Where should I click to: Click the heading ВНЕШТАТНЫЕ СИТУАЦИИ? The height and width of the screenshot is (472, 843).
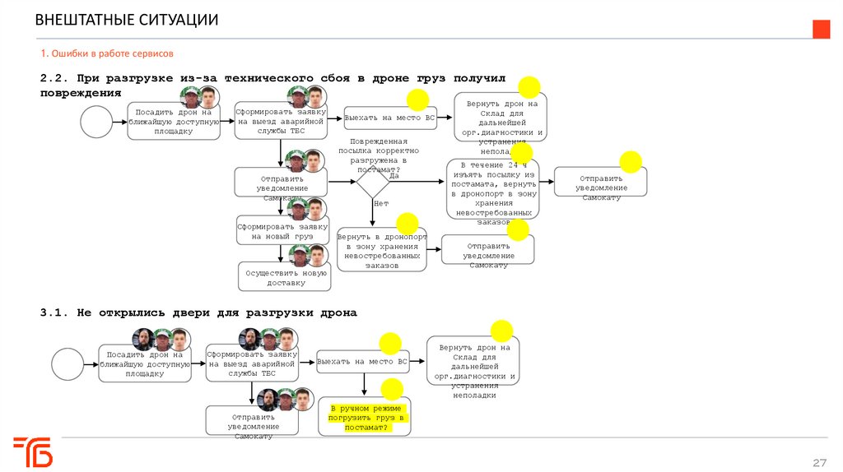(x=127, y=20)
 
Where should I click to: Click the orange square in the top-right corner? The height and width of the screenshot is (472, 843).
(x=821, y=29)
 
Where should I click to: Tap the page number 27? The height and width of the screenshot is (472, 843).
(x=819, y=460)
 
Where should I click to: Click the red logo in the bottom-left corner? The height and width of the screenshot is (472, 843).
(x=33, y=451)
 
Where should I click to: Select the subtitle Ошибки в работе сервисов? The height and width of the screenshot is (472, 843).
(x=107, y=53)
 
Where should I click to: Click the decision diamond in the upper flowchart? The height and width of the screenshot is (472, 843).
(x=373, y=181)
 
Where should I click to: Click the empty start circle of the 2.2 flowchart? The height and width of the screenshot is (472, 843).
(x=97, y=122)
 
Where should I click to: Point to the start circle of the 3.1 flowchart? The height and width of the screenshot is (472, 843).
(x=68, y=363)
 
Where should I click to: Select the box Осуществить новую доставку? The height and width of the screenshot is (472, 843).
(x=285, y=277)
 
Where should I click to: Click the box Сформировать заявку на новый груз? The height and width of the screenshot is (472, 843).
(x=282, y=232)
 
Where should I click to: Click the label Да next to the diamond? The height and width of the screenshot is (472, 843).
(x=394, y=175)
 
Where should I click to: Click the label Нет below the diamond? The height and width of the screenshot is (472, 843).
(x=380, y=202)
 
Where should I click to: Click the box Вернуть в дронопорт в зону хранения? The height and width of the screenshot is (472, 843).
(x=382, y=250)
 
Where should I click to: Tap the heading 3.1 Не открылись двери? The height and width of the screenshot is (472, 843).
(x=198, y=313)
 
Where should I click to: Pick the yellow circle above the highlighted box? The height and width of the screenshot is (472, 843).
(x=391, y=391)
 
